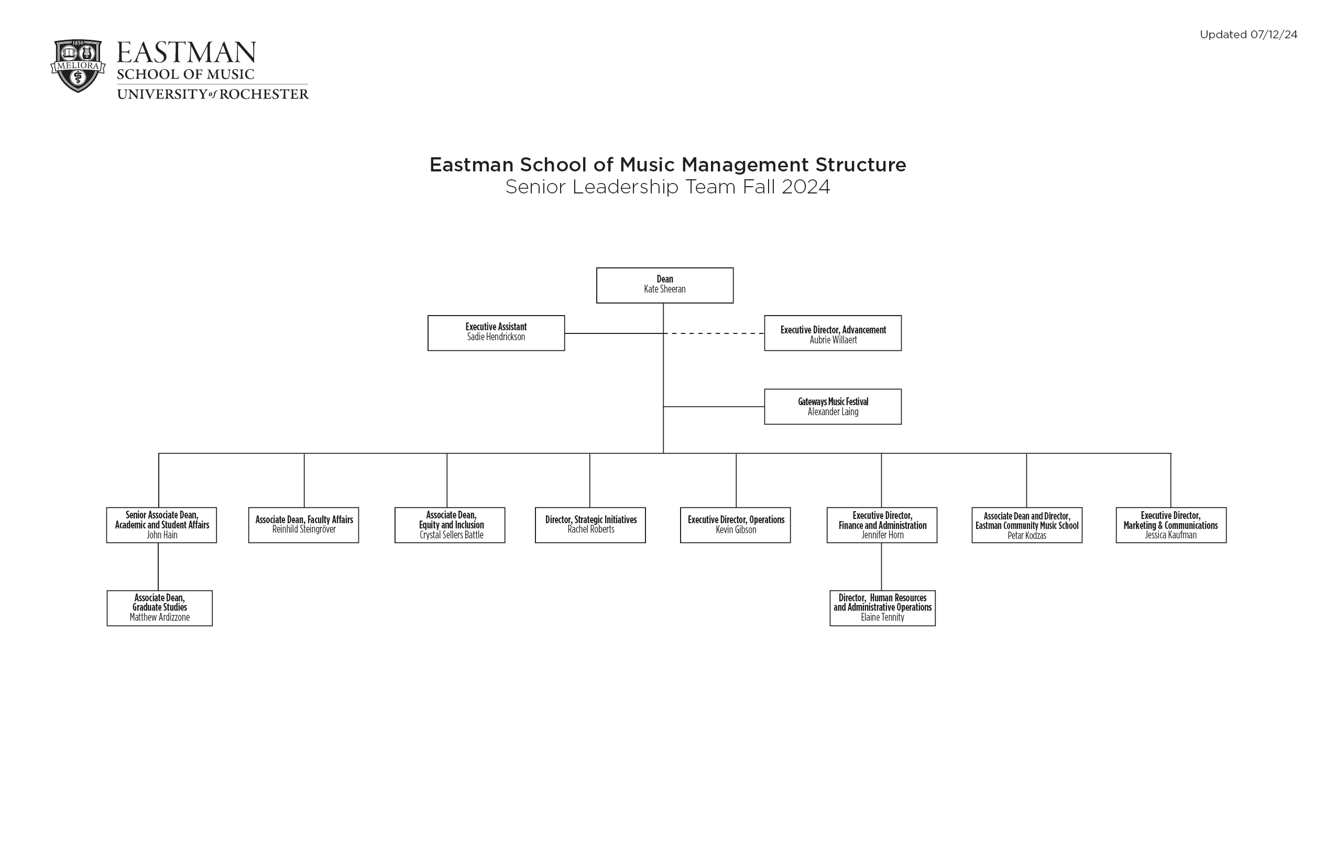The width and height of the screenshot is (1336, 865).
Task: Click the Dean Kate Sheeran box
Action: pyautogui.click(x=665, y=285)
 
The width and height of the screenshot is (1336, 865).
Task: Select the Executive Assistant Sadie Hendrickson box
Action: pyautogui.click(x=496, y=333)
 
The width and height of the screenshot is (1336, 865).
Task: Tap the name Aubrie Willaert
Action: pyautogui.click(x=833, y=340)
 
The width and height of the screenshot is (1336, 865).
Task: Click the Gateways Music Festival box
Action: pyautogui.click(x=833, y=407)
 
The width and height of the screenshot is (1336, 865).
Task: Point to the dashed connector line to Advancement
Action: pyautogui.click(x=714, y=333)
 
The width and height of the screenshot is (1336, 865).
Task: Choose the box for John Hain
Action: pyautogui.click(x=162, y=525)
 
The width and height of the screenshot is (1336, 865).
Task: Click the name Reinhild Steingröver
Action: pyautogui.click(x=304, y=529)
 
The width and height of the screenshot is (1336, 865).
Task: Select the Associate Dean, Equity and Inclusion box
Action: pyautogui.click(x=450, y=525)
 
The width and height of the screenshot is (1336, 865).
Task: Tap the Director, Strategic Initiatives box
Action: pyautogui.click(x=590, y=525)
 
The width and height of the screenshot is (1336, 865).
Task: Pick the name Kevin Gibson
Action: pyautogui.click(x=736, y=529)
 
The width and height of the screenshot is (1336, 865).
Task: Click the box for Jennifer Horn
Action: pyautogui.click(x=881, y=525)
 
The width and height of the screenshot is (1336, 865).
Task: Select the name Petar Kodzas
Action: pyautogui.click(x=1027, y=535)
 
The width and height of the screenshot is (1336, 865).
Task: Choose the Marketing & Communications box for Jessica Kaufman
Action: pyautogui.click(x=1171, y=525)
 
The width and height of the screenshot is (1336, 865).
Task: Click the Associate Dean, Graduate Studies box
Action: pyautogui.click(x=159, y=608)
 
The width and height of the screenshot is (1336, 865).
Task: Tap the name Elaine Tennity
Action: pyautogui.click(x=882, y=618)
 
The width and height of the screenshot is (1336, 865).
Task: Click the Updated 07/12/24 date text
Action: pyautogui.click(x=1249, y=35)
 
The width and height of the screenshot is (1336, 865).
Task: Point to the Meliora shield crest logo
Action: pyautogui.click(x=78, y=66)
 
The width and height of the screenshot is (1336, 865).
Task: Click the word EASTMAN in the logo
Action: pyautogui.click(x=186, y=53)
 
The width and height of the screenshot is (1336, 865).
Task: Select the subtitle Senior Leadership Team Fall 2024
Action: pyautogui.click(x=667, y=187)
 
